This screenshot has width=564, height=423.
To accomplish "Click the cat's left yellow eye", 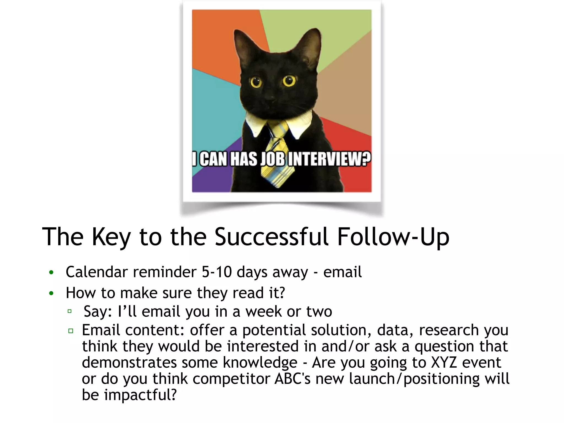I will pos(256,82).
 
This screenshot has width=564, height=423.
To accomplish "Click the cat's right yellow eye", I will pos(289,81).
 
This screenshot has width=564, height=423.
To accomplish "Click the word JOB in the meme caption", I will pos(273,159).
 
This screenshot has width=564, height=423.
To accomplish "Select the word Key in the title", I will pos(111,237).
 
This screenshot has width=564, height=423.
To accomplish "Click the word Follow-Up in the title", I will pos(393,237).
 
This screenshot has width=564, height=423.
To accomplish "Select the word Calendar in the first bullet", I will pos(97,272).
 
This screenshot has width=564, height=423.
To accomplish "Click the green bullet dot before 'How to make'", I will pos(51,294).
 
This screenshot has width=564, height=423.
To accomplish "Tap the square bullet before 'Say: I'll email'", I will pos(70,311).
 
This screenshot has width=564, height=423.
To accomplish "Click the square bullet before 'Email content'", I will pos(71,331).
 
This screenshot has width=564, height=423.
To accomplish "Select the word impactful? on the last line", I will pos(140,395).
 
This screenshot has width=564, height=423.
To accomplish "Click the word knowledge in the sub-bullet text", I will pos(260,363).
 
